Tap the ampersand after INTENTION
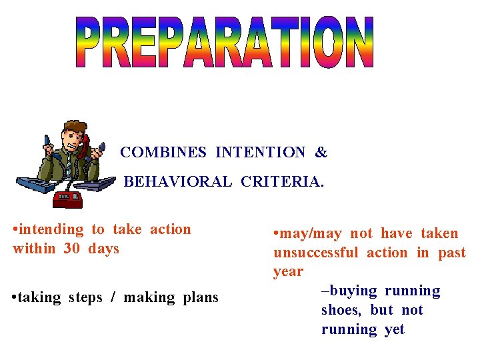tap(321, 153)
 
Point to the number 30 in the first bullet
tap(72, 249)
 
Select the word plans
tap(199, 297)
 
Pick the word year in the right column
tap(288, 272)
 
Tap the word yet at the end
tap(394, 329)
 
